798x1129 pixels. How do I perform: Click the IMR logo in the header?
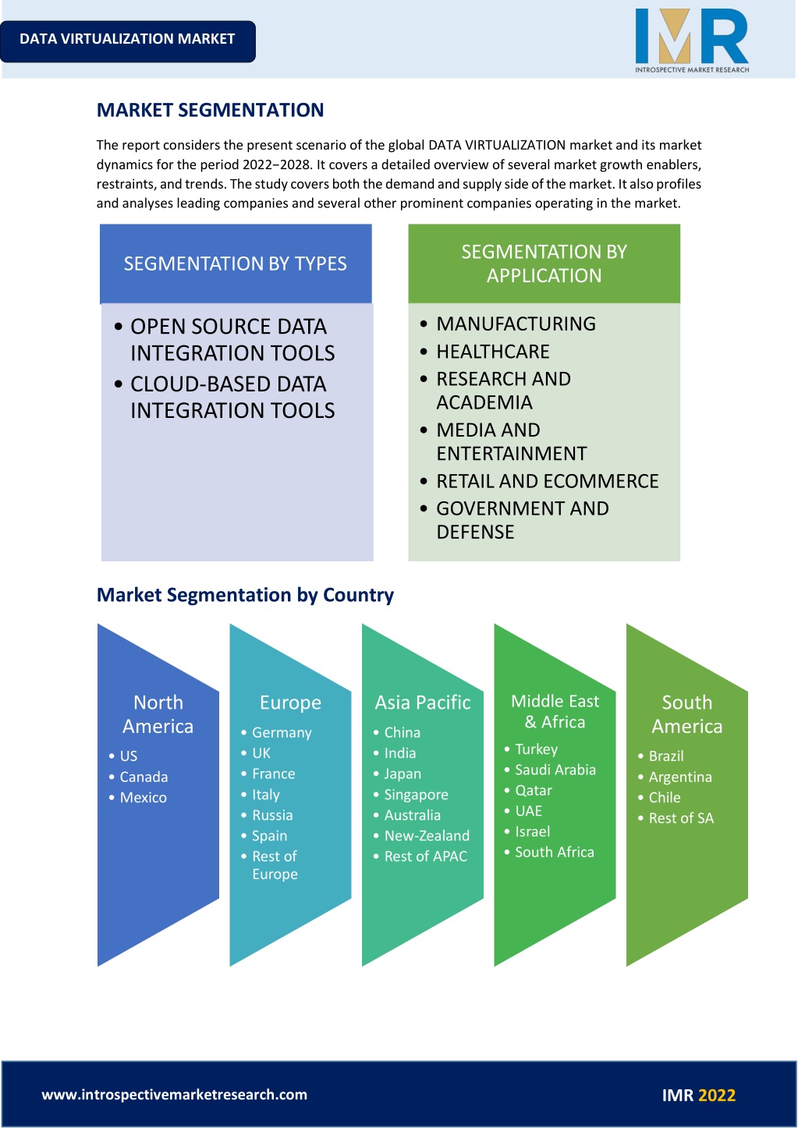click(692, 41)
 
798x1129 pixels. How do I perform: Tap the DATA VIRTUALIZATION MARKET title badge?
click(127, 41)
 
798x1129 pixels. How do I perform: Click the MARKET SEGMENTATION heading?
click(210, 110)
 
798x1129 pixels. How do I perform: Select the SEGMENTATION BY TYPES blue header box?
click(236, 264)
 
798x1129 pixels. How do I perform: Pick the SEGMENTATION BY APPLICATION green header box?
click(544, 264)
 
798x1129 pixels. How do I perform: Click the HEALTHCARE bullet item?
click(492, 352)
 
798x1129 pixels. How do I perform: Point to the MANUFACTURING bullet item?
click(516, 324)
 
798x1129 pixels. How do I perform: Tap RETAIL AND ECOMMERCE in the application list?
click(548, 481)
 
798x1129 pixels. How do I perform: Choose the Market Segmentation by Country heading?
click(245, 595)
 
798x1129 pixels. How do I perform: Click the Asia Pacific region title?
click(423, 702)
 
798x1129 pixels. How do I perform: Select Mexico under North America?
click(144, 798)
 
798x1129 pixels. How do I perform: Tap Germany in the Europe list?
click(282, 732)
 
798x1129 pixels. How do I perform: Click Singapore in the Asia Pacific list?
click(416, 795)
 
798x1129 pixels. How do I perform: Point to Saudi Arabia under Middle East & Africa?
click(555, 770)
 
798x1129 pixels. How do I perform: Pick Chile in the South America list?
click(665, 798)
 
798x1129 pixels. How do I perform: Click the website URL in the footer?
click(175, 1095)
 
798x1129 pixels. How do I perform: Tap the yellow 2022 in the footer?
click(717, 1095)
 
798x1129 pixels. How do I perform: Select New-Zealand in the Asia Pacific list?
click(427, 836)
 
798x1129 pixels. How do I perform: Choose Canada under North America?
click(144, 777)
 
